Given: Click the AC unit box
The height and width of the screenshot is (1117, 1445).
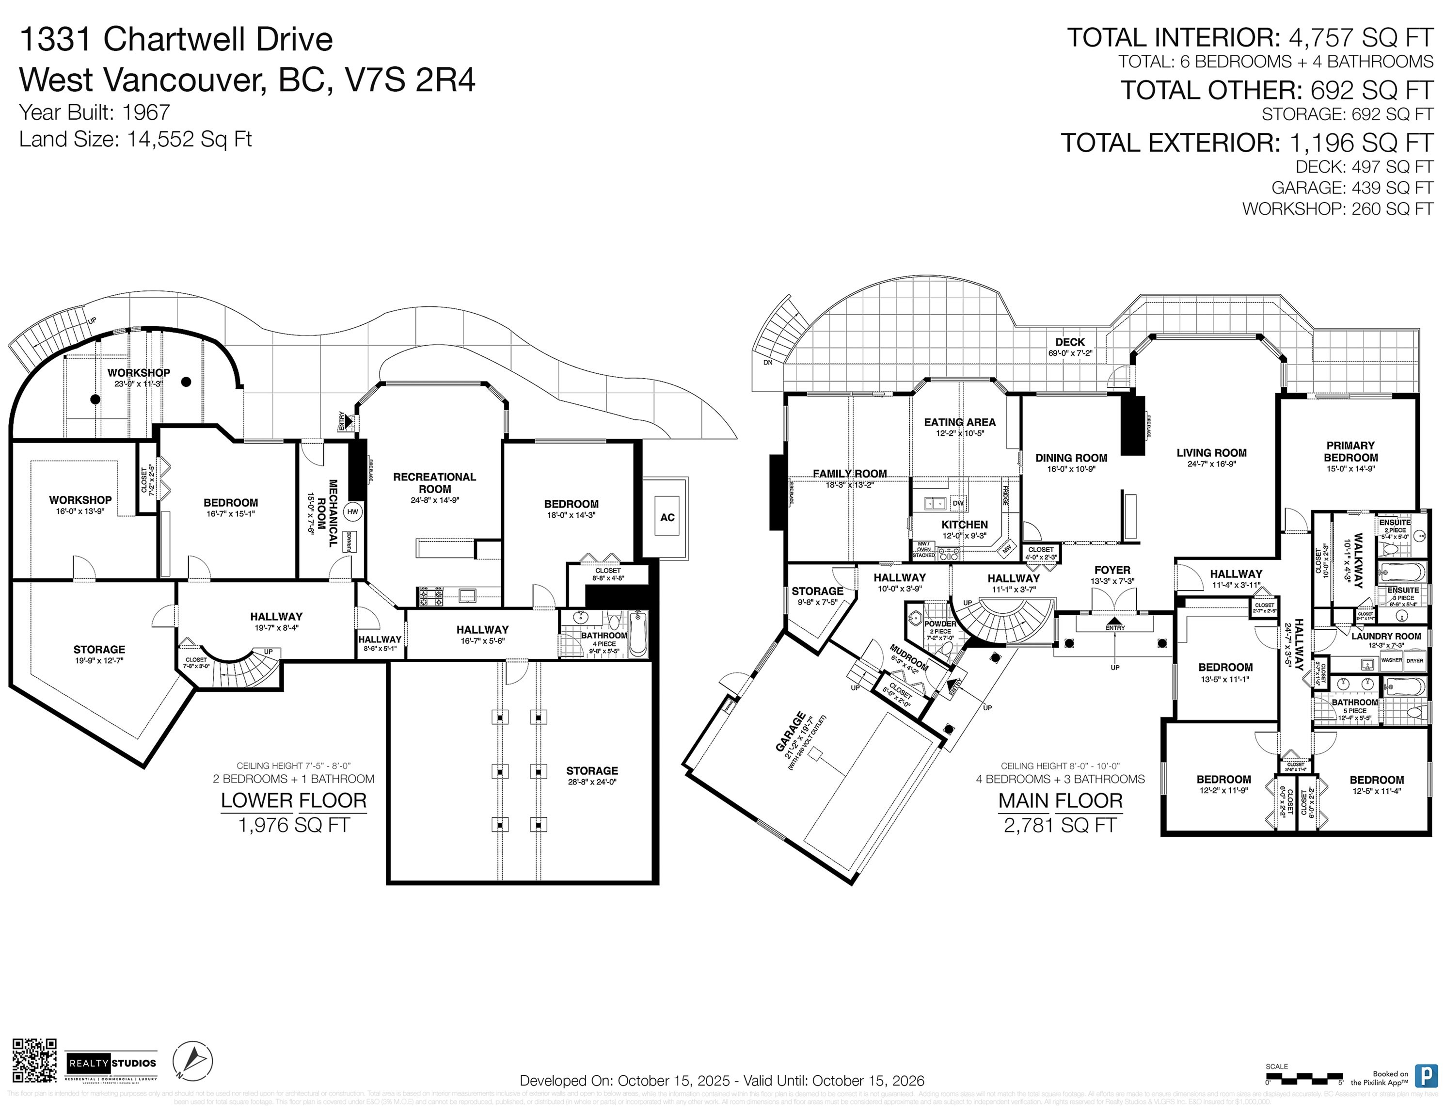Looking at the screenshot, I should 667,517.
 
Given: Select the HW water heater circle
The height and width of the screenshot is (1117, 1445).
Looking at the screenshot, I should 353,511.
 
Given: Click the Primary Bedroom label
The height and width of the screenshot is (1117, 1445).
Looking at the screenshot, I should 1350,451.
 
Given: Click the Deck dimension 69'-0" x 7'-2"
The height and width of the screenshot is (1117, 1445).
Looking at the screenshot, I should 1070,353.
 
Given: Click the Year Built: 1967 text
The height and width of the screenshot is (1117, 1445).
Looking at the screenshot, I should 95,112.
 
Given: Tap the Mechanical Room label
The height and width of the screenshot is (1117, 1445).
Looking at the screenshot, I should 328,513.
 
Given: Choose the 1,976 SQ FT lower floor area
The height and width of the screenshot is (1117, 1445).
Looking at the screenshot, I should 294,825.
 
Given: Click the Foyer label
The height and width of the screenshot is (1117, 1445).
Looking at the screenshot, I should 1112,570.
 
